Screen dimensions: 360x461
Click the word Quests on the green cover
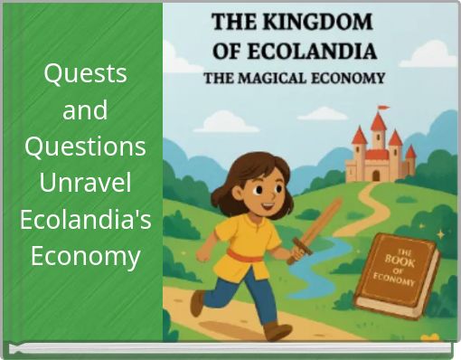85,72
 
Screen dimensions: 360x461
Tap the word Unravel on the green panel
85,183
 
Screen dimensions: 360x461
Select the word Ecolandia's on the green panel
85,220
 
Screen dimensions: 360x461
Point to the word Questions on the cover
85,147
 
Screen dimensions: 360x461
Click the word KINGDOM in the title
322,20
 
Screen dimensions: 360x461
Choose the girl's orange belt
245,255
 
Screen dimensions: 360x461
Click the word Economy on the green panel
85,257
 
